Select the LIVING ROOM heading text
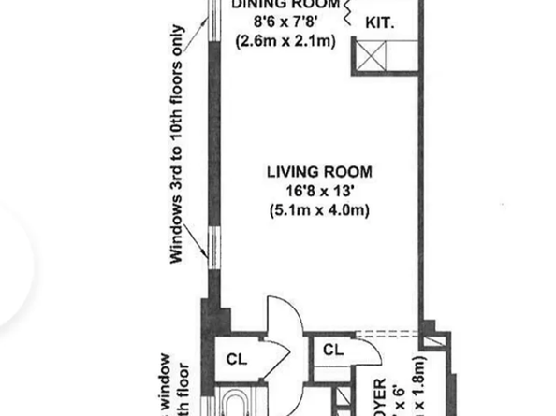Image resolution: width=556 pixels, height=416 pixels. click(319, 172)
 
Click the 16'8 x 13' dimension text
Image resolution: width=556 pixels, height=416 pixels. click(319, 191)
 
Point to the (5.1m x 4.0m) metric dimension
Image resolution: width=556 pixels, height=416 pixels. click(319, 209)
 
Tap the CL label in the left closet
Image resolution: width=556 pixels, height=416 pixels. click(236, 357)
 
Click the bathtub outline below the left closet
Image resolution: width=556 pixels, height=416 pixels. click(234, 405)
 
